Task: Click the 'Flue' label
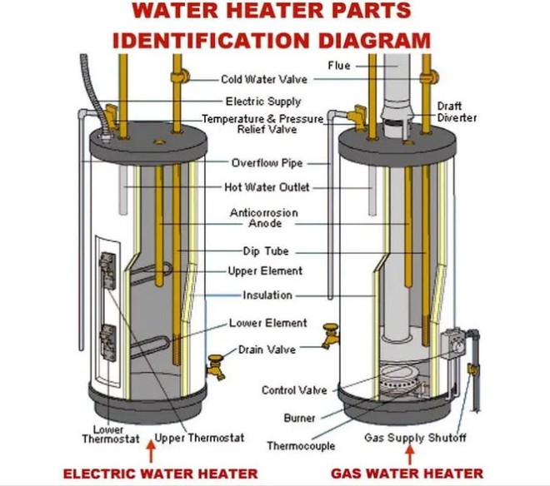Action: tap(338, 66)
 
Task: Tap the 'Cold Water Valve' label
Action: tap(262, 80)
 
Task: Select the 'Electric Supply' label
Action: tap(263, 102)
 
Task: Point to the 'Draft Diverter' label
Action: tap(457, 112)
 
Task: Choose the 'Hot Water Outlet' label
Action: tap(267, 187)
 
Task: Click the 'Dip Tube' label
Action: tap(266, 251)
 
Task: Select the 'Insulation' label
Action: tap(267, 295)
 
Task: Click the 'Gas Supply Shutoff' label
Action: tap(415, 438)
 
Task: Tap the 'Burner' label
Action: tap(299, 418)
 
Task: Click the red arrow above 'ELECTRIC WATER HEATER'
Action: tap(151, 454)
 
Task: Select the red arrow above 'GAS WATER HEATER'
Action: tap(409, 454)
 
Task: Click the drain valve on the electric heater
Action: tap(217, 365)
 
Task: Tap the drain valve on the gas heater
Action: tap(331, 338)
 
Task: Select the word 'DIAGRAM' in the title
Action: tap(367, 39)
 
